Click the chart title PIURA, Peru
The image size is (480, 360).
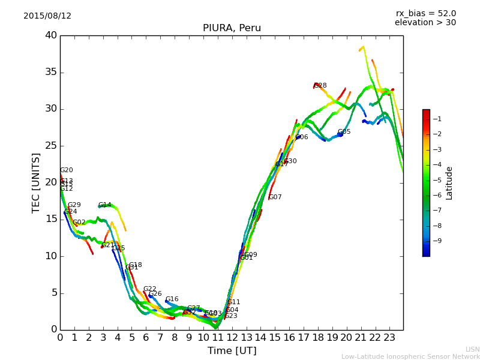point(232,28)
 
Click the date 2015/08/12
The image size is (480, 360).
point(47,16)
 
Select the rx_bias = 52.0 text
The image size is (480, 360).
point(425,14)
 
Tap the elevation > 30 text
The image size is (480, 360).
point(425,23)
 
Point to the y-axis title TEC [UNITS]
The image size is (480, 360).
point(36,182)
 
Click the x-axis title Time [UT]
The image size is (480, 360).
point(232,351)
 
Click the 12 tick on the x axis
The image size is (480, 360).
point(232,338)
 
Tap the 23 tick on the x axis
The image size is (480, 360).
point(389,338)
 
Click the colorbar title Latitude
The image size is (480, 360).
point(449,183)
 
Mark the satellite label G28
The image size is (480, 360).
point(320,86)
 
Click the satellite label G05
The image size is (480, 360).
point(344,132)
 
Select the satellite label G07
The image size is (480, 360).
point(275,197)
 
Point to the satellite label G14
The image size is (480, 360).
point(105,205)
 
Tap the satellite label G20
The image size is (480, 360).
point(67,170)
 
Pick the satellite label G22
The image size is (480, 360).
point(149,289)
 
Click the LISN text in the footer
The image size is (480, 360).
point(473,349)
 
